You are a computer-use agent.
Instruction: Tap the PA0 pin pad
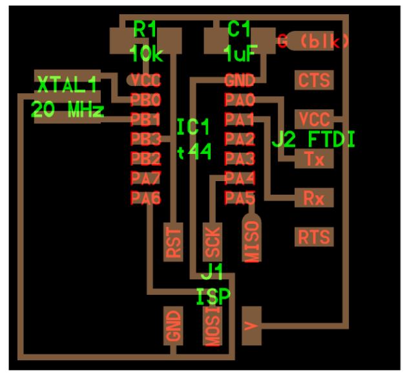240,100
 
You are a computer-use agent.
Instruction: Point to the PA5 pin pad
240,197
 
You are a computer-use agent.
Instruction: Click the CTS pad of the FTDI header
314,81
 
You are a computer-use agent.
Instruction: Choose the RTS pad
314,236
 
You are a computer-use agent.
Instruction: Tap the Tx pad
314,158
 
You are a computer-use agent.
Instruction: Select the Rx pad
314,198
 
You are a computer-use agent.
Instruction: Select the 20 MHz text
67,111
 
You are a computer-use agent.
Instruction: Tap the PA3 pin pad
240,158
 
